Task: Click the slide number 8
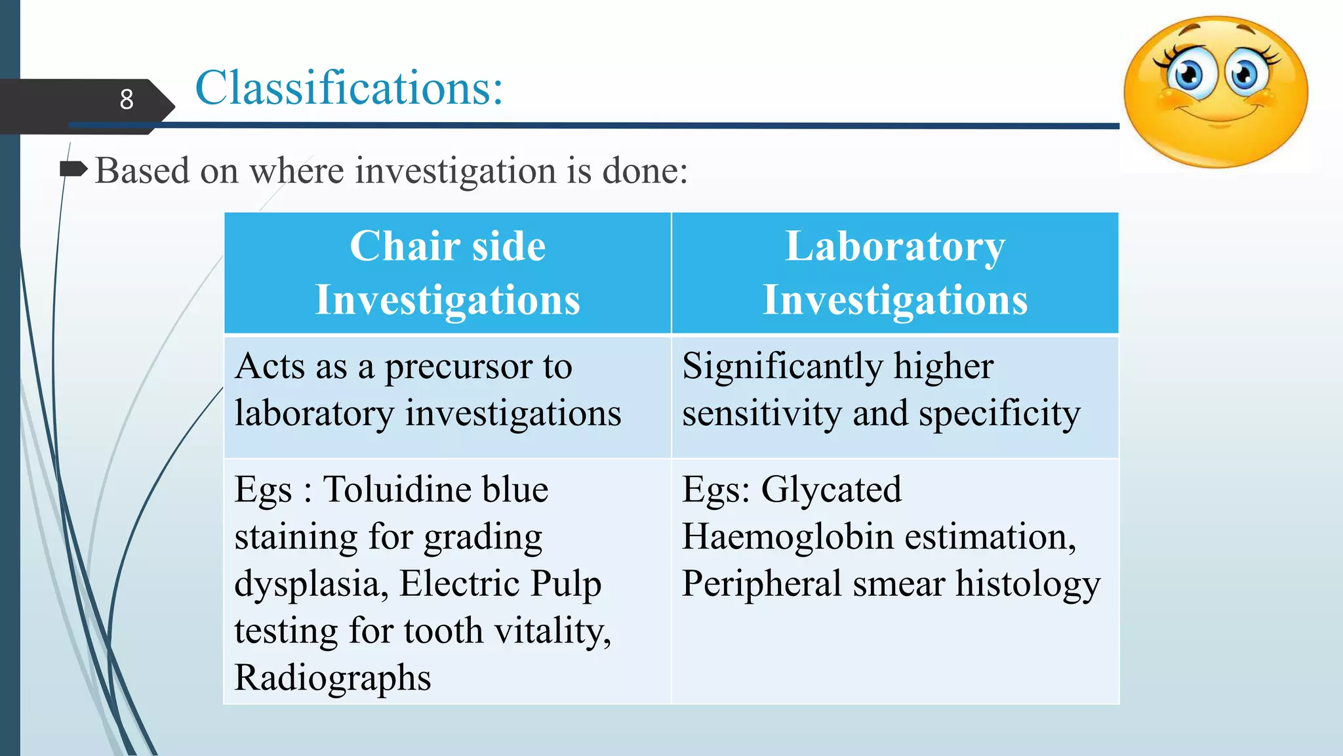pos(127,100)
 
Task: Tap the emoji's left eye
pos(1188,75)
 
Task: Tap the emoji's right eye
pos(1244,73)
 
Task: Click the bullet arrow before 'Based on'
pos(73,170)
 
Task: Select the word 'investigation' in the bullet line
pos(456,171)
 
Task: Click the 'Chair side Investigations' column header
pos(447,272)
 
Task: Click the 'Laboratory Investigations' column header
pos(894,272)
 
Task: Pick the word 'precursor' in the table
pos(458,367)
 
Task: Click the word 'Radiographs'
pos(332,678)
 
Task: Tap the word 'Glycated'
pos(831,490)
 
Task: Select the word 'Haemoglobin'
pos(788,537)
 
